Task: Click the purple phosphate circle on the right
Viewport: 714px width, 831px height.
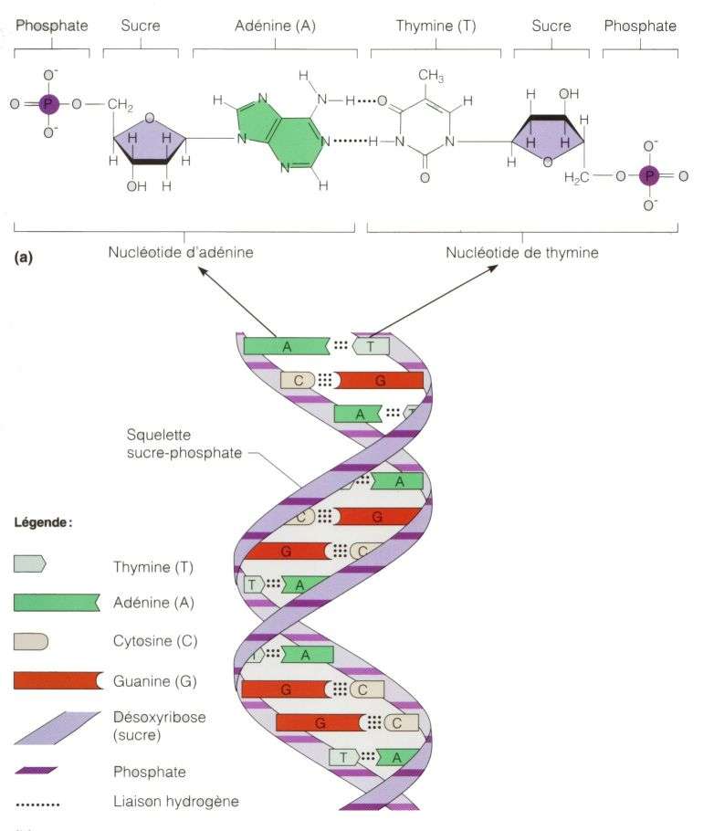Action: point(649,174)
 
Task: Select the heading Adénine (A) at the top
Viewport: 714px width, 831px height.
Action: point(274,26)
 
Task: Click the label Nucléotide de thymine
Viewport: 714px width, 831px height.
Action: point(522,252)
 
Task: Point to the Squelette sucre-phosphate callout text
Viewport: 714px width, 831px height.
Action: point(177,444)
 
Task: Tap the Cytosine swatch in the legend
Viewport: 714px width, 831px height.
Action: point(31,641)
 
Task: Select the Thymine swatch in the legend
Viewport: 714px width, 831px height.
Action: point(29,564)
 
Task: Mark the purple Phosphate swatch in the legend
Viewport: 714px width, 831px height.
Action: point(37,772)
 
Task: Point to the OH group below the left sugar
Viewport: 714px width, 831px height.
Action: point(136,186)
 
